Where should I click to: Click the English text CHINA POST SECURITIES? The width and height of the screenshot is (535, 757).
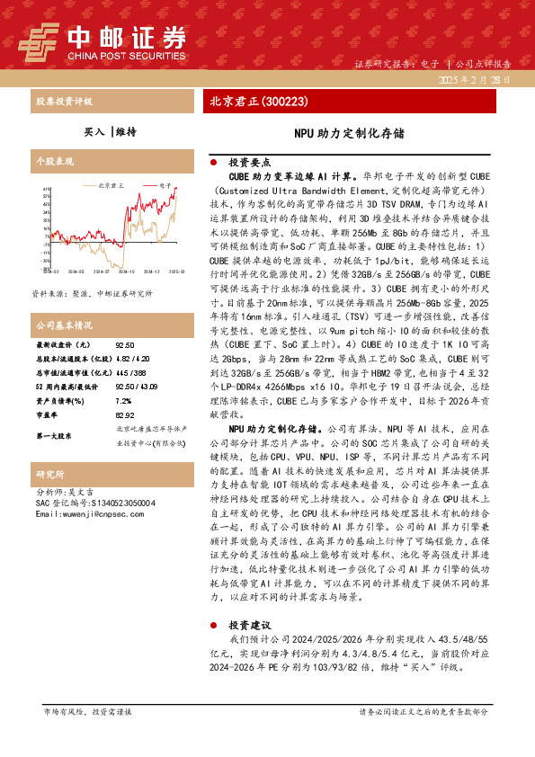click(125, 55)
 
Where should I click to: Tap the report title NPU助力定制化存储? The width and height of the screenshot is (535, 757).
click(349, 131)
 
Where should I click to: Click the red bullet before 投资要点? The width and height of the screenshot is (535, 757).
click(212, 164)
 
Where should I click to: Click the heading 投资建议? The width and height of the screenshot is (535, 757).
click(249, 624)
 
